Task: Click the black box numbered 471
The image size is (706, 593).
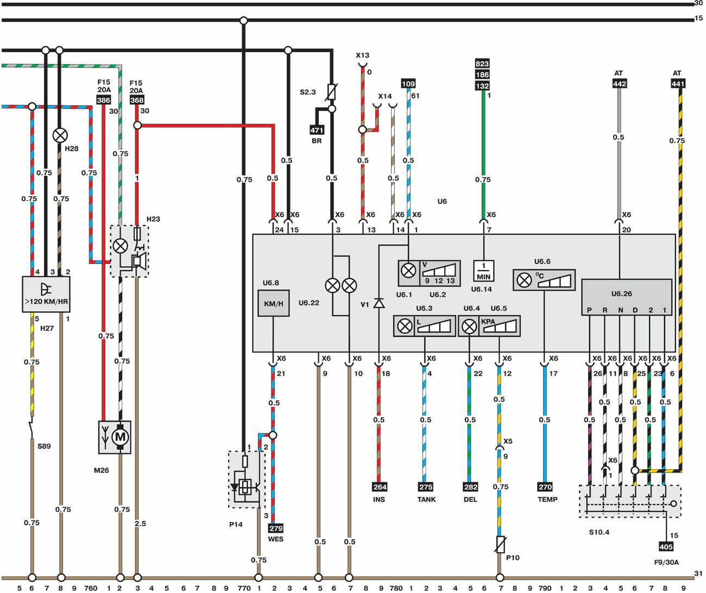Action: (x=317, y=130)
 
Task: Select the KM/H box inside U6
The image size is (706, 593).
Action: (x=273, y=304)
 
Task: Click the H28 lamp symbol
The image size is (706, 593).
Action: (x=60, y=135)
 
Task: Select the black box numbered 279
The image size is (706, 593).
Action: (x=276, y=528)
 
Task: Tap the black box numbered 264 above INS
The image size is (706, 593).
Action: (x=379, y=487)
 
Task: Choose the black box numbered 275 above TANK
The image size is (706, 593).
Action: (x=426, y=487)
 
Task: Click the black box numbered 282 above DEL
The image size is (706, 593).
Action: (x=470, y=487)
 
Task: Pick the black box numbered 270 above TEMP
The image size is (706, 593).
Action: (x=545, y=487)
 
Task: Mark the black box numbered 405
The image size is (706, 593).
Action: (x=666, y=547)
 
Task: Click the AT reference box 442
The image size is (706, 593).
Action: (x=619, y=84)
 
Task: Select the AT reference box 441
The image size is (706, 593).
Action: (x=678, y=84)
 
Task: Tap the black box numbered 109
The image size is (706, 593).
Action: (x=408, y=84)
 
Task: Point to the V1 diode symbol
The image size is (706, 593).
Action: (x=379, y=303)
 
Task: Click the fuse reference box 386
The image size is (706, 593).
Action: (x=103, y=100)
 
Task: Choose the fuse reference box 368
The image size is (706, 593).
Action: (x=137, y=100)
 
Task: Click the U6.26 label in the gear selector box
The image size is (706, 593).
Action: (x=621, y=294)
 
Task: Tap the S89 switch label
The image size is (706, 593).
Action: (x=44, y=446)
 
